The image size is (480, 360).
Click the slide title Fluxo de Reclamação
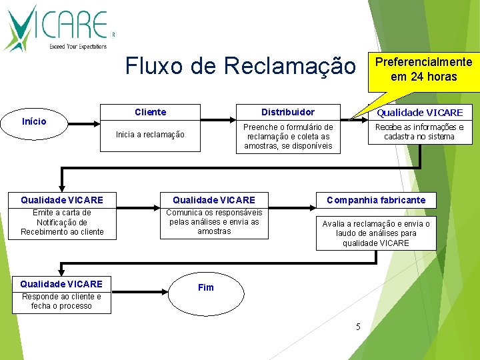tap(241, 66)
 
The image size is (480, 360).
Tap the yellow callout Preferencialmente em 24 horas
tap(423, 69)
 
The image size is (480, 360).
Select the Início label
tap(34, 121)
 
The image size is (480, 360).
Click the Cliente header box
tap(150, 112)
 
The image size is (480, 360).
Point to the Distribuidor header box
tap(288, 112)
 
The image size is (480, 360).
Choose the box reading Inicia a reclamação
tap(150, 135)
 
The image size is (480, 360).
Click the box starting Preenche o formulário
tap(288, 137)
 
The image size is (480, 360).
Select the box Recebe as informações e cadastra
tap(419, 132)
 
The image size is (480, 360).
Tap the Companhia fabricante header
tap(376, 200)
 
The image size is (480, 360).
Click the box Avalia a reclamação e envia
tap(376, 233)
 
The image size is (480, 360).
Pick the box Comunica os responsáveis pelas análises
tap(214, 222)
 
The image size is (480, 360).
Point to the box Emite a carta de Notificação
tap(62, 223)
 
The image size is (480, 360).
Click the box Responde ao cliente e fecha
tap(61, 301)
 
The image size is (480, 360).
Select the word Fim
tap(206, 287)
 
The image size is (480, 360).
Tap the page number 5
tap(358, 326)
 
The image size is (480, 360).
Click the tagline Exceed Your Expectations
tap(77, 47)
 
